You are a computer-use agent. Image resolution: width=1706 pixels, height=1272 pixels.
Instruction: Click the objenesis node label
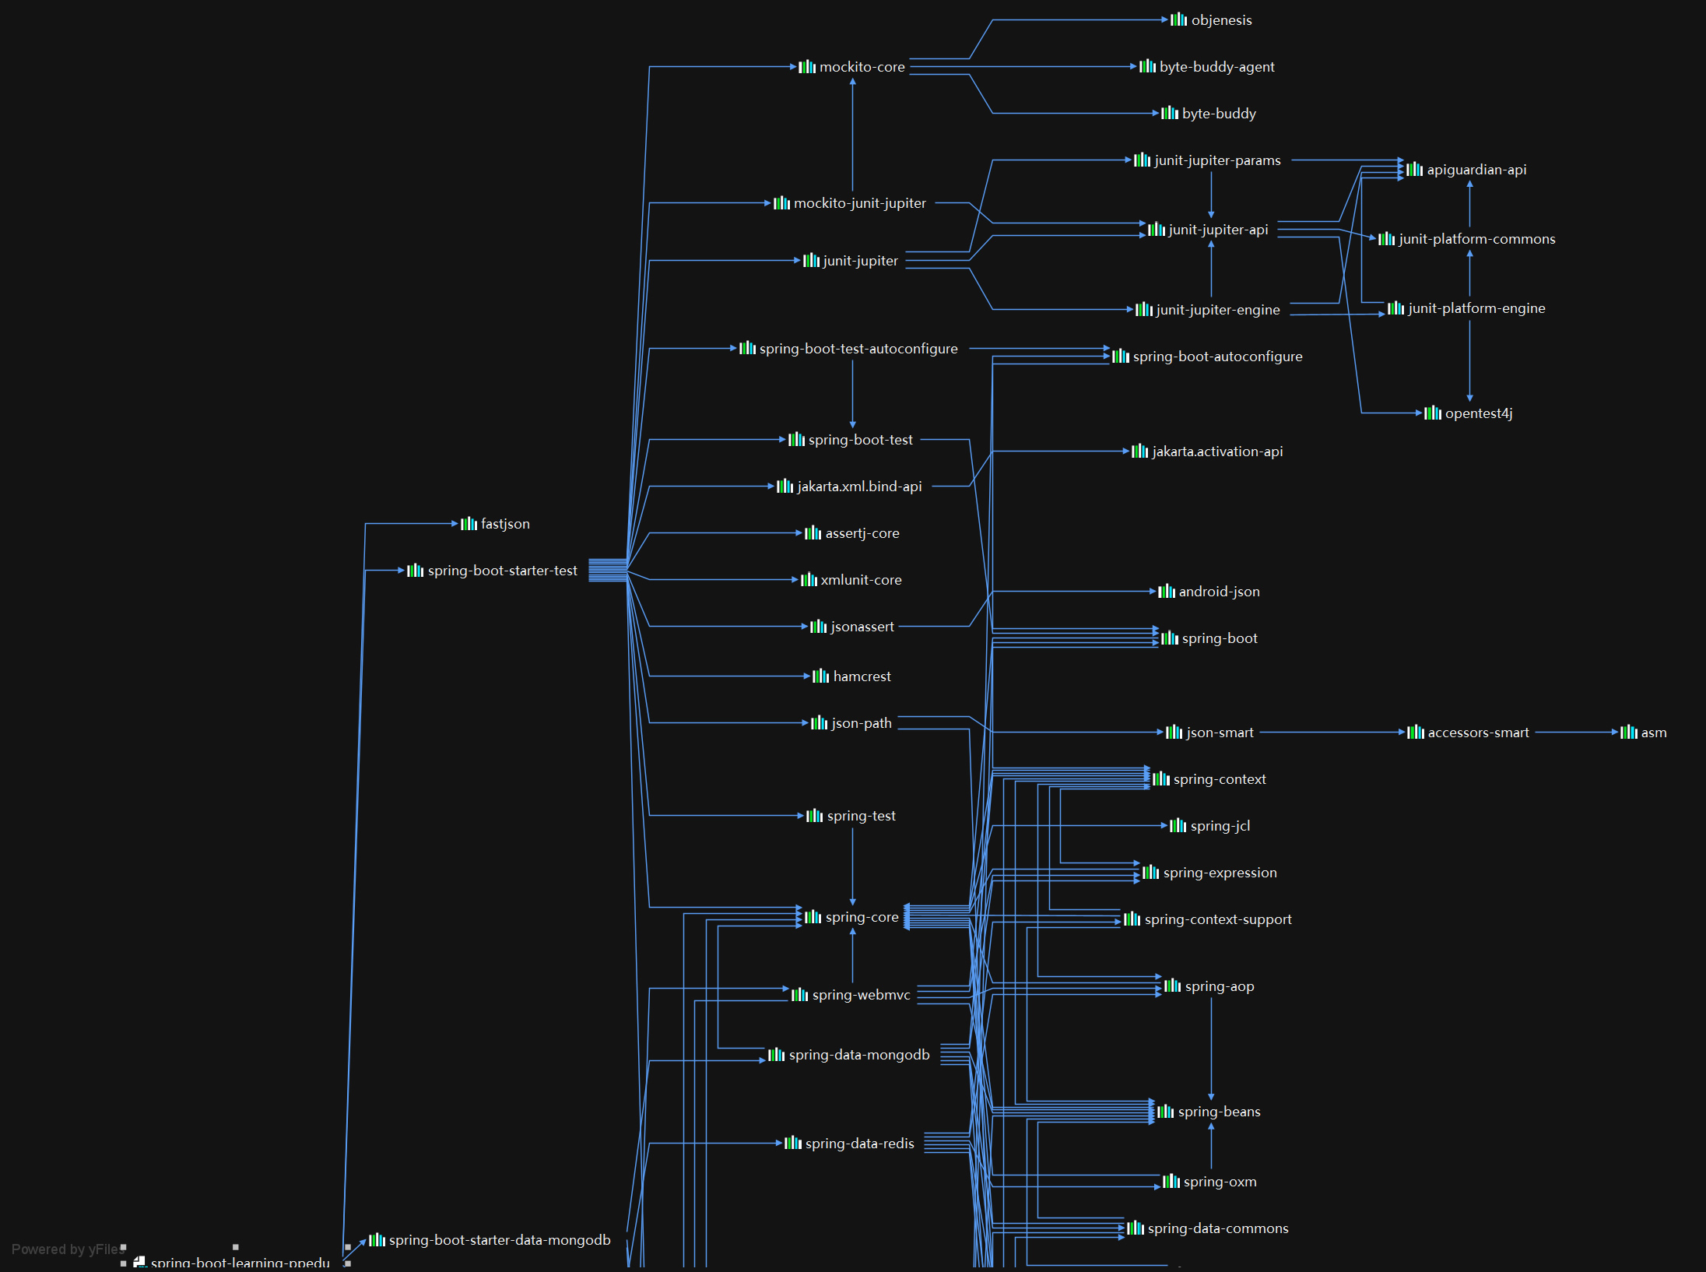(x=1221, y=20)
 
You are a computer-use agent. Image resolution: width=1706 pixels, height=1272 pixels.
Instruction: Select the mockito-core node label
(x=862, y=67)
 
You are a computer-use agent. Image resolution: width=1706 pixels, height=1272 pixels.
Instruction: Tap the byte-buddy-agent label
(x=1216, y=67)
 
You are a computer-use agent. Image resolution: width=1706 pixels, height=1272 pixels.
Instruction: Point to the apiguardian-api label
(x=1476, y=170)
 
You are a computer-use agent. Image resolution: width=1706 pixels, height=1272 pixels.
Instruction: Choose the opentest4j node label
(x=1478, y=413)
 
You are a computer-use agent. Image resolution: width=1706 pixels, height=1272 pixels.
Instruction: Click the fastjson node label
(x=505, y=524)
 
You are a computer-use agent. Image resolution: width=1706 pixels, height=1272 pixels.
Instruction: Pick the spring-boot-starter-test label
(x=502, y=571)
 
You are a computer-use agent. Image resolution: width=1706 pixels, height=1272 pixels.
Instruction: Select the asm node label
(x=1653, y=733)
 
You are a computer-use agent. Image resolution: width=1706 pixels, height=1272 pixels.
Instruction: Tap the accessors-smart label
(x=1477, y=733)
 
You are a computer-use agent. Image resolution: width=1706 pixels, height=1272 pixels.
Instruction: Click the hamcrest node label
(x=862, y=676)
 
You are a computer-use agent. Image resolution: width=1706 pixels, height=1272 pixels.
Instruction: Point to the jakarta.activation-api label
(x=1216, y=452)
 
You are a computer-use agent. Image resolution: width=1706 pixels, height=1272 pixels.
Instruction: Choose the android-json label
(x=1219, y=592)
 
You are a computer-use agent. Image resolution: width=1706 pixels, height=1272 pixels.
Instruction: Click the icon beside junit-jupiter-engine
(x=1143, y=310)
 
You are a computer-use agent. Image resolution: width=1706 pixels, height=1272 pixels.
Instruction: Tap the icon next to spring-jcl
(x=1178, y=826)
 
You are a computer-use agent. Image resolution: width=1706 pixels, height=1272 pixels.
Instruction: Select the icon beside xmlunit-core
(x=809, y=580)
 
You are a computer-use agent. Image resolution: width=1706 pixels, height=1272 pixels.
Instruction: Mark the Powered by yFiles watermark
(x=67, y=1249)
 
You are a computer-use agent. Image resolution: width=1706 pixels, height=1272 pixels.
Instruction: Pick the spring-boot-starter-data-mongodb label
(x=499, y=1240)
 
